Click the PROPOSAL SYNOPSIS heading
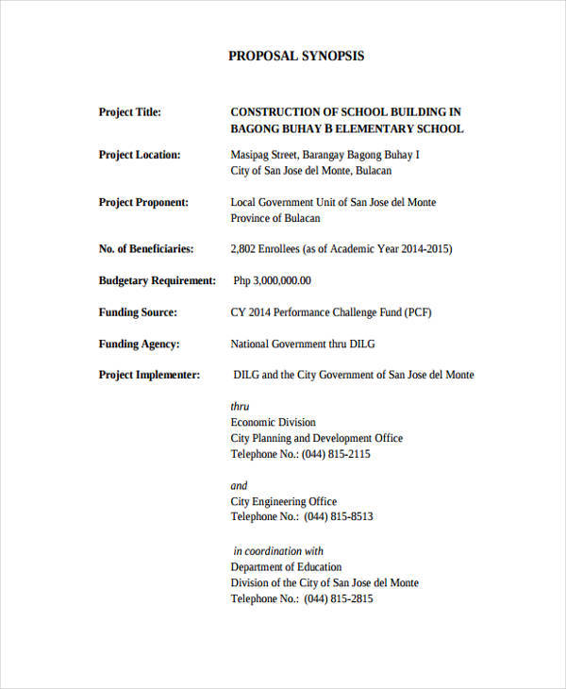click(x=295, y=56)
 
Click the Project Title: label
click(x=130, y=112)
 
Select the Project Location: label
click(x=140, y=155)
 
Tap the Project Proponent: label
click(x=143, y=202)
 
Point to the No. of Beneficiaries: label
click(x=146, y=249)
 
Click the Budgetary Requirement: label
click(x=158, y=280)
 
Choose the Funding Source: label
click(x=138, y=312)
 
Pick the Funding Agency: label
click(x=139, y=344)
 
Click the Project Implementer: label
click(x=149, y=375)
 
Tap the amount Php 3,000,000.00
click(x=272, y=280)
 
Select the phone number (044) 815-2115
click(x=337, y=454)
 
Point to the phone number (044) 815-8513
click(x=337, y=517)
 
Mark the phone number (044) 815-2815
click(x=337, y=599)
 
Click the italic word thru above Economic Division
click(x=241, y=407)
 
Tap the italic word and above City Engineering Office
click(x=240, y=486)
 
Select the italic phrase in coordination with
click(x=278, y=551)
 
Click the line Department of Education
click(x=286, y=567)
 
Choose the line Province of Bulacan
click(x=275, y=218)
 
